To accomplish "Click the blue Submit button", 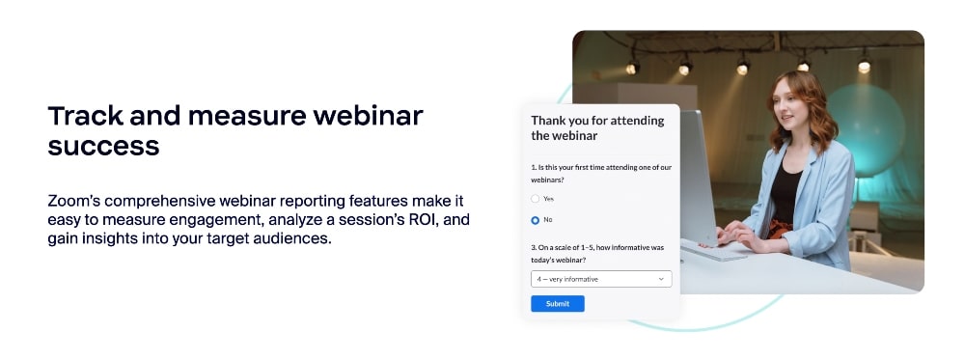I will pos(557,303).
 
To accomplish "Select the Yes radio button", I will pos(536,199).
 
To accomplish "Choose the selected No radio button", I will pos(536,220).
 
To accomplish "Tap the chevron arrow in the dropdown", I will pos(661,279).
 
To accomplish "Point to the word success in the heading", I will pos(103,146).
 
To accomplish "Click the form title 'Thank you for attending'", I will pos(597,121).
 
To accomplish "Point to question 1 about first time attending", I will pos(600,173).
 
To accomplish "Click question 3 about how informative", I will pos(597,254).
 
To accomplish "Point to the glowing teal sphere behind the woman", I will pos(868,130).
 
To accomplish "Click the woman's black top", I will pos(786,193).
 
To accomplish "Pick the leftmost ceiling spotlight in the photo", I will pos(632,69).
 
